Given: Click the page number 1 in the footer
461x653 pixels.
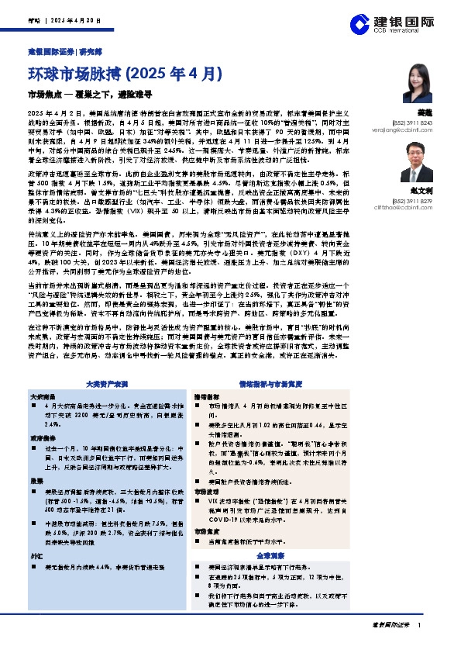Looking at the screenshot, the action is point(419,624).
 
